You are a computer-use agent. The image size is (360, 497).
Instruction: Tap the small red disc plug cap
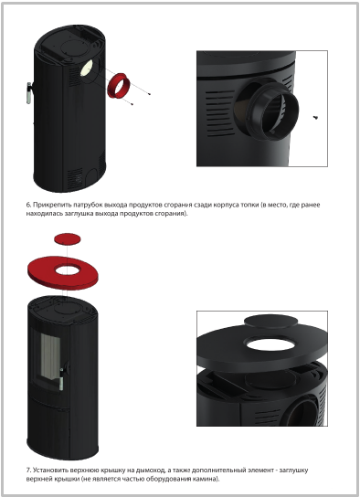68,239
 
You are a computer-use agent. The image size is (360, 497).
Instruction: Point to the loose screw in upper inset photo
315,118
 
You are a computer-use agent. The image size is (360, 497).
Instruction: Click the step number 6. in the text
28,205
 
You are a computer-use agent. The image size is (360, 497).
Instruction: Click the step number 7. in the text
28,470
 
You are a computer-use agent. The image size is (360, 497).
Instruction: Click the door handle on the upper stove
29,92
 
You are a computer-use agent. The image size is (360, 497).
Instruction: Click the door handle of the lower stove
61,378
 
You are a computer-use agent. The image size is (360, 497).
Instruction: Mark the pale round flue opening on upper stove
86,68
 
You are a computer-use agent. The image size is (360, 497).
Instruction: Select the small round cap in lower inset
271,322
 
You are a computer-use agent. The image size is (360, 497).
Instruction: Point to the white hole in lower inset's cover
270,344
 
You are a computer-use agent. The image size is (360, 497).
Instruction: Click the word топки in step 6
249,205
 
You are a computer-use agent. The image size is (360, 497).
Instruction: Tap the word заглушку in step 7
294,470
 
